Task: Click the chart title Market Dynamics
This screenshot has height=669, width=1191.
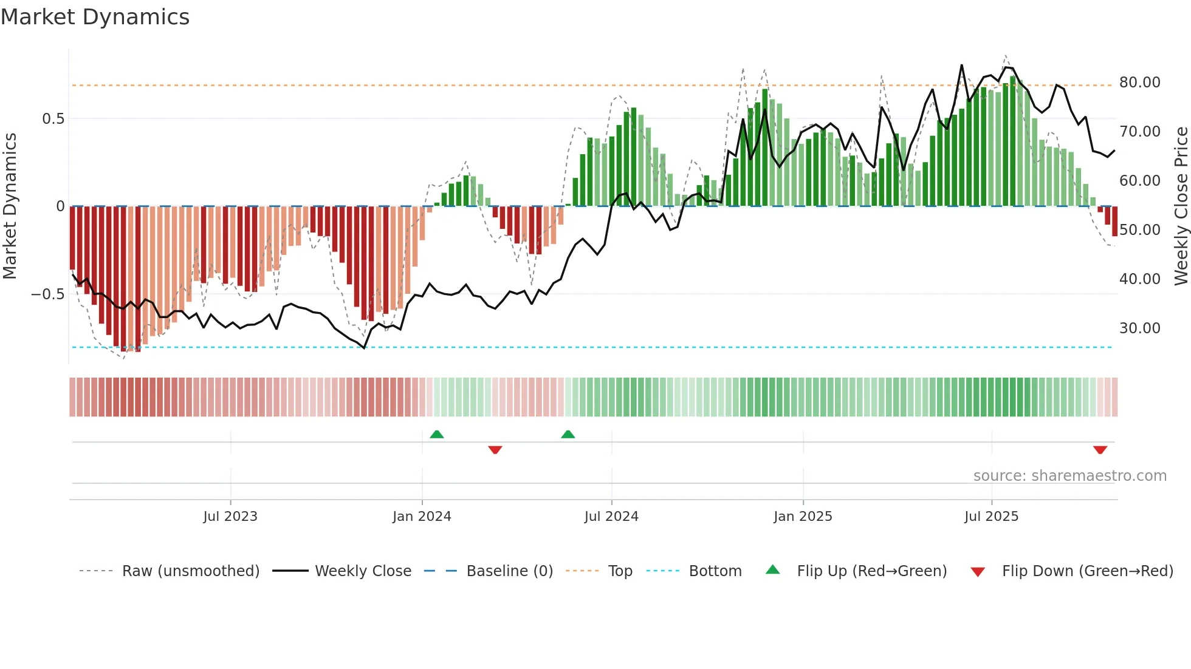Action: (95, 17)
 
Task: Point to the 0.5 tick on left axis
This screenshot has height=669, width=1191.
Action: (53, 119)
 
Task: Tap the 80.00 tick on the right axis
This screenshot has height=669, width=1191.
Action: (1139, 83)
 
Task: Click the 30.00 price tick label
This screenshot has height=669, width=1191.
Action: (1139, 328)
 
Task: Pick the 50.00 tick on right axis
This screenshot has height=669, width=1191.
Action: (1139, 230)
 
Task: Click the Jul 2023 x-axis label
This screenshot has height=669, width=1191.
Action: (230, 517)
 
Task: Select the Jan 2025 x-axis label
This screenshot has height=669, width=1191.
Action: (803, 517)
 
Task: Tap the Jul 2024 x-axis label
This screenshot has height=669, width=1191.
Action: (611, 517)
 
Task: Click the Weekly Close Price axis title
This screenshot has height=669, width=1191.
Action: (1181, 206)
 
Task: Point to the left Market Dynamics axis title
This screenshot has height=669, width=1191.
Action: (10, 206)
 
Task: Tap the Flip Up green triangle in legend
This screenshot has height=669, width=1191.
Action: (772, 570)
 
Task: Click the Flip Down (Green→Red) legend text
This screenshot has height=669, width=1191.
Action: (1087, 571)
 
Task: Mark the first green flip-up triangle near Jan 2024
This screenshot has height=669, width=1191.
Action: (436, 435)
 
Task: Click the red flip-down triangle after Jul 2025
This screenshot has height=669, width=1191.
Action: (1100, 450)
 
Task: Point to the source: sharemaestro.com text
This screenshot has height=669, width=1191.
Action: (1069, 476)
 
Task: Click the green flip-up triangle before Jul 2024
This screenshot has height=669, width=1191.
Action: (568, 435)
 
